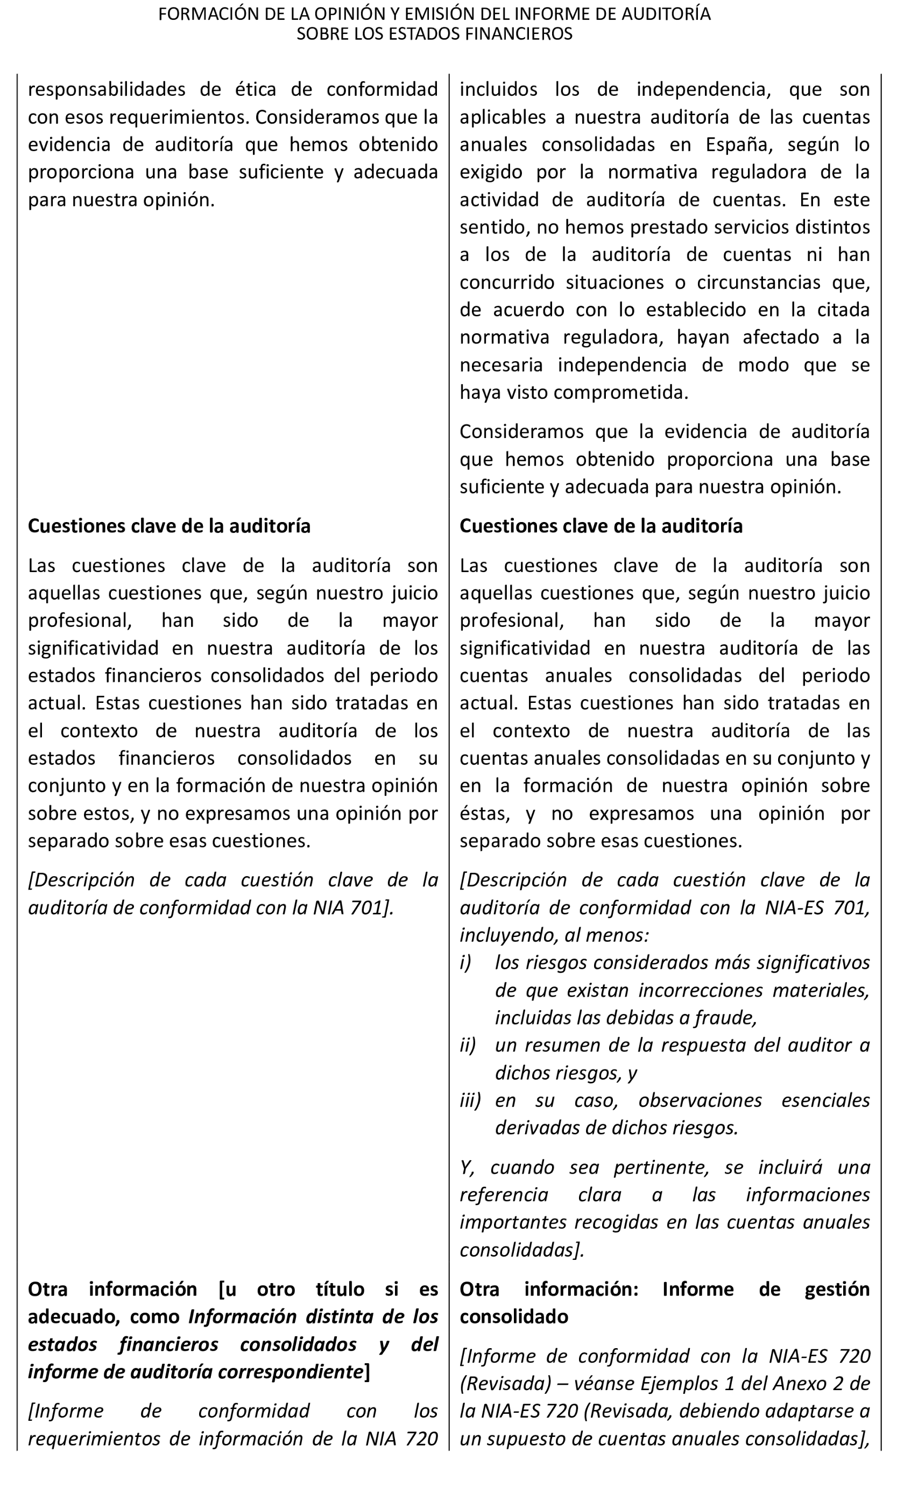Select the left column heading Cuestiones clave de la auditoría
[169, 526]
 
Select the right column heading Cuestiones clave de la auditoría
[601, 526]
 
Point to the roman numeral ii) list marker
[467, 1046]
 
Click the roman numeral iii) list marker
[470, 1101]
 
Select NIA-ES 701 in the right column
[817, 908]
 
